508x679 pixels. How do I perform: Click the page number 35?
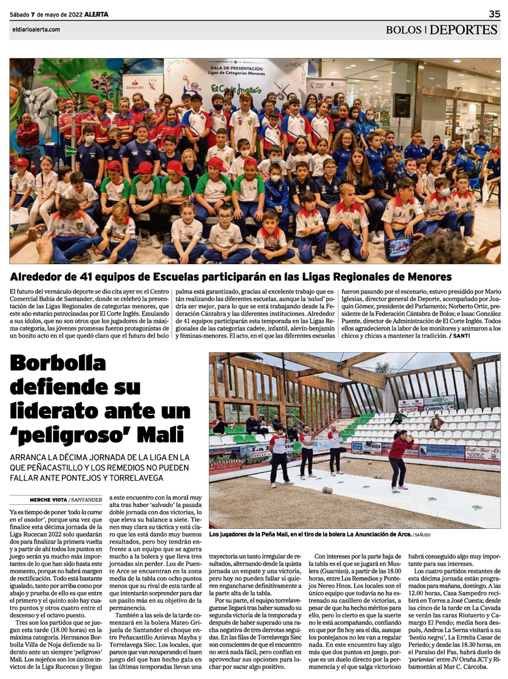pyautogui.click(x=494, y=14)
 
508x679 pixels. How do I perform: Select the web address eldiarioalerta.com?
pyautogui.click(x=35, y=30)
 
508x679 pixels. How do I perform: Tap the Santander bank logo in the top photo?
pyautogui.click(x=134, y=86)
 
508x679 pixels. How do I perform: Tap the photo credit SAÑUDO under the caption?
pyautogui.click(x=423, y=533)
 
